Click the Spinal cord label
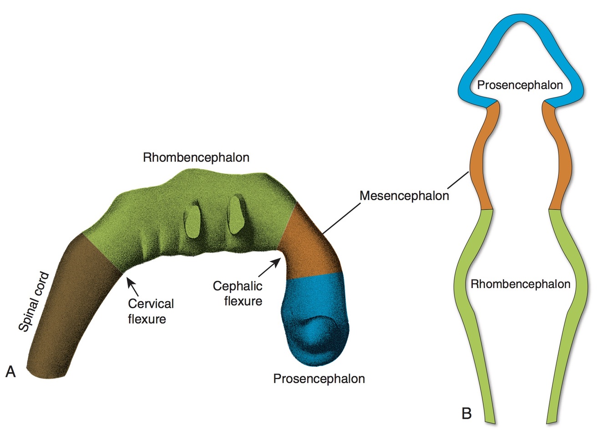pos(34,302)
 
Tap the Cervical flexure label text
pos(150,311)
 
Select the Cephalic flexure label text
pos(238,294)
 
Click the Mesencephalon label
pos(404,196)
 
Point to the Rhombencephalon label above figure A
pos(196,157)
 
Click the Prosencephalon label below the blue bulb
pos(319,379)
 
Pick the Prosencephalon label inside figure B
pos(520,85)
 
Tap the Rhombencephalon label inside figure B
pos(520,284)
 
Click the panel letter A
pos(10,372)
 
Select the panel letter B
pos(466,413)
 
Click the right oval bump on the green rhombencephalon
pos(236,214)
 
